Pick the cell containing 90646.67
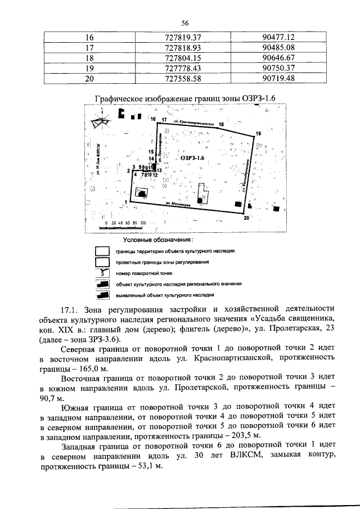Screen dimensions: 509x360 278,57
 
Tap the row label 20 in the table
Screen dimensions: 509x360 89,78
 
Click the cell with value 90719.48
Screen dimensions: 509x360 278,78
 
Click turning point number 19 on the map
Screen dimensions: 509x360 258,133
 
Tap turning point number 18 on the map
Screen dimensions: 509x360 221,124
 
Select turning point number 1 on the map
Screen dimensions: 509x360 125,201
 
